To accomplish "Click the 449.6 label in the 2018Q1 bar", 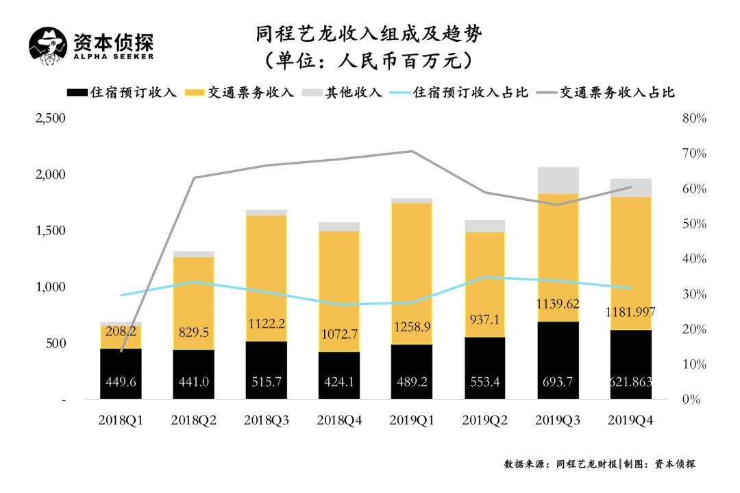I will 121,381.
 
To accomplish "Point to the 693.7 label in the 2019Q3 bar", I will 557,381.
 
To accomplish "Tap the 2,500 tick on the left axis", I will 50,119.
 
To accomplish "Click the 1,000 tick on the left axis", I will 50,287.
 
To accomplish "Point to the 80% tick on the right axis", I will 694,119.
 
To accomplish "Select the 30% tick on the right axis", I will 694,294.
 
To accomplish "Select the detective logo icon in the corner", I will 48,47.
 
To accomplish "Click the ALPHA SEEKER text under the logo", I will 113,56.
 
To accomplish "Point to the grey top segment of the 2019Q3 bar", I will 558,180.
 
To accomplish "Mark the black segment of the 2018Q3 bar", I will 266,370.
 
